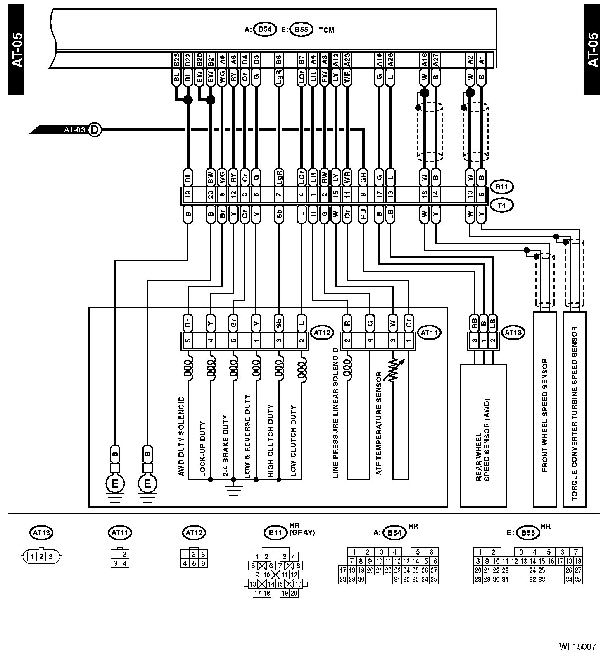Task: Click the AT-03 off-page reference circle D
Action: pyautogui.click(x=95, y=130)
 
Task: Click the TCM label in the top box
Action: pyautogui.click(x=326, y=30)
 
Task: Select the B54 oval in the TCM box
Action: pyautogui.click(x=265, y=30)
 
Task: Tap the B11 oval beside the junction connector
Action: pyautogui.click(x=501, y=187)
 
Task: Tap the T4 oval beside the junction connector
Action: pyautogui.click(x=501, y=204)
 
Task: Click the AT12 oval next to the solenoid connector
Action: pyautogui.click(x=321, y=333)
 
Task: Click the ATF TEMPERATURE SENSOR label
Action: pyautogui.click(x=379, y=424)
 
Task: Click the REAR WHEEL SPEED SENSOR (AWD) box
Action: pyautogui.click(x=483, y=434)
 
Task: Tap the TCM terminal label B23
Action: pyautogui.click(x=177, y=60)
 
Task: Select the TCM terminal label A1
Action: pyautogui.click(x=481, y=60)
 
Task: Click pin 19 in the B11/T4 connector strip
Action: pyautogui.click(x=188, y=194)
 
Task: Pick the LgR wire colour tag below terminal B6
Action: pyautogui.click(x=279, y=77)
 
